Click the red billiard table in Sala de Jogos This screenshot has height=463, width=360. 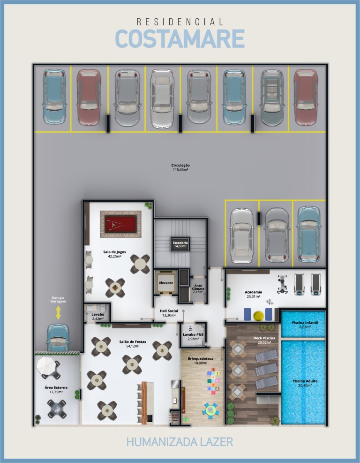click(120, 224)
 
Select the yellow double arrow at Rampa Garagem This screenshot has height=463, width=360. click(58, 312)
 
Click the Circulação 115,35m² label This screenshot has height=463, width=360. click(180, 167)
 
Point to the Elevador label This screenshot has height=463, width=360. click(166, 282)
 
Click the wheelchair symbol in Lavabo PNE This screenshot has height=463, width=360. click(191, 328)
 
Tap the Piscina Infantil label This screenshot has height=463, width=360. click(305, 323)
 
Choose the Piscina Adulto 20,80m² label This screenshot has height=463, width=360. click(305, 383)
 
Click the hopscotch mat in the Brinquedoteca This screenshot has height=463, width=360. click(213, 381)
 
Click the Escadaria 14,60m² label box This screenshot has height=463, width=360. click(180, 244)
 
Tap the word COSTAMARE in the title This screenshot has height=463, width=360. click(180, 38)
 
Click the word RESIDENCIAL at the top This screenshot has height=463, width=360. click(180, 22)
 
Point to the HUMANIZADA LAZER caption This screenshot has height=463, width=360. click(180, 442)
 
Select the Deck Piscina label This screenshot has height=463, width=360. click(264, 338)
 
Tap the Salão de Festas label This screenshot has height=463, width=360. click(133, 342)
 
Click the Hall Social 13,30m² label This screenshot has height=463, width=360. click(169, 313)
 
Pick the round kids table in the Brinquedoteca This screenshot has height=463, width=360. click(210, 410)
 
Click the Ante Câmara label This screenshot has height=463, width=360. click(198, 287)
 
